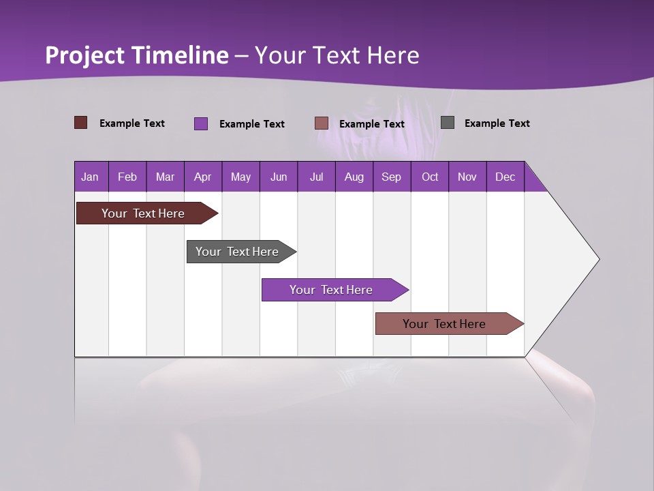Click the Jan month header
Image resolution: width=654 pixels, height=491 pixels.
(x=91, y=177)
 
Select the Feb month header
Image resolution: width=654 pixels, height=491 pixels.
(x=127, y=177)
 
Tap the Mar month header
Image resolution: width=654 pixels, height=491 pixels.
(x=165, y=177)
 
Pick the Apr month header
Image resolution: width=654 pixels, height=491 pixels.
(x=203, y=177)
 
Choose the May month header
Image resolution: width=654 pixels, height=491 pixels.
(x=240, y=177)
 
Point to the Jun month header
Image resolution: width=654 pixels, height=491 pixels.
(x=279, y=177)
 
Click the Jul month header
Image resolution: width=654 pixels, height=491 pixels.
(x=316, y=177)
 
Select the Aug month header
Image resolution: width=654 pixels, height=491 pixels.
(x=354, y=177)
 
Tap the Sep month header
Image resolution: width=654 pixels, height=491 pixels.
(x=392, y=177)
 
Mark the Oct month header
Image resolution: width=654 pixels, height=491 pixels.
(x=430, y=177)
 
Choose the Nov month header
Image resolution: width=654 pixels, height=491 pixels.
(x=467, y=177)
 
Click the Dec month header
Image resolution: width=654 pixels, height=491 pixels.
(x=505, y=177)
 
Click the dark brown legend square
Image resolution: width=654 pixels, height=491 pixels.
(x=81, y=123)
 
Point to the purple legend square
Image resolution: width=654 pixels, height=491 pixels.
(x=201, y=123)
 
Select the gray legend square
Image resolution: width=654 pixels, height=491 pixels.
(x=448, y=123)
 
